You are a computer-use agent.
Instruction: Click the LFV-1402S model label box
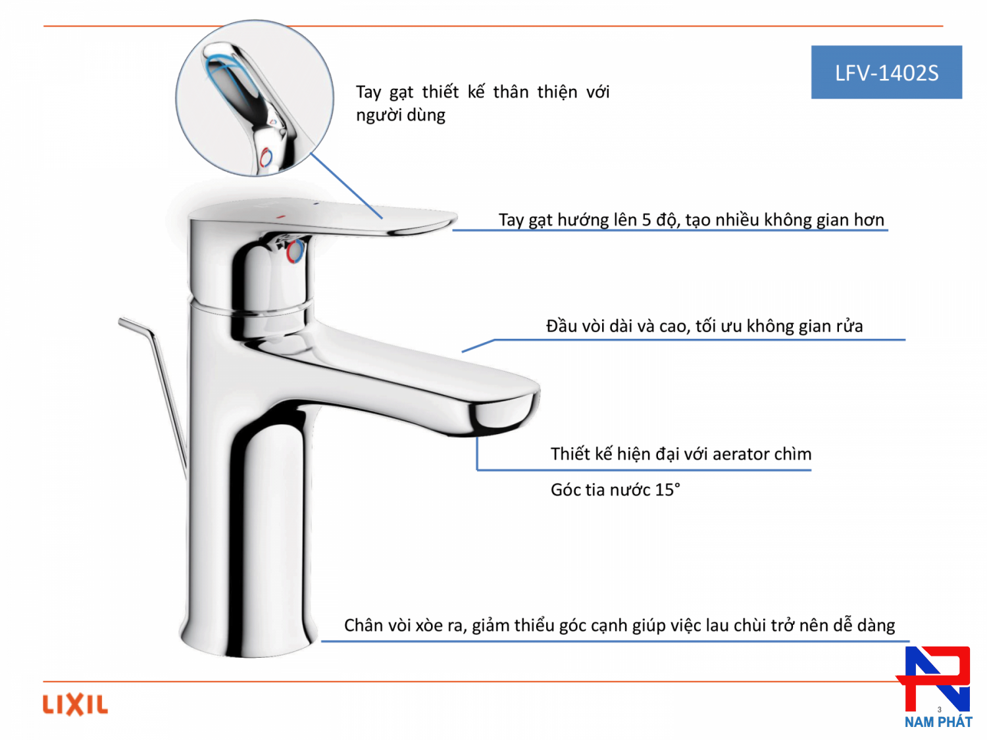[x=886, y=72]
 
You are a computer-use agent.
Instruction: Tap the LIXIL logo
[x=75, y=704]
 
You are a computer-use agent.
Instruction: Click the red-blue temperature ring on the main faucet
[x=295, y=251]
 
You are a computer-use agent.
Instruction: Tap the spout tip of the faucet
[x=503, y=411]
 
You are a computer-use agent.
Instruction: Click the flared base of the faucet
[x=249, y=633]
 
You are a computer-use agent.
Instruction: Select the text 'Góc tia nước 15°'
[x=615, y=490]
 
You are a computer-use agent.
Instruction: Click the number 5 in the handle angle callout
[x=646, y=220]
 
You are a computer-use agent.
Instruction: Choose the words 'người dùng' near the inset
[x=401, y=115]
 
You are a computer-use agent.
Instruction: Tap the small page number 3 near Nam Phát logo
[x=939, y=710]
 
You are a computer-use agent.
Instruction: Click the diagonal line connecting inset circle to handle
[x=347, y=185]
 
